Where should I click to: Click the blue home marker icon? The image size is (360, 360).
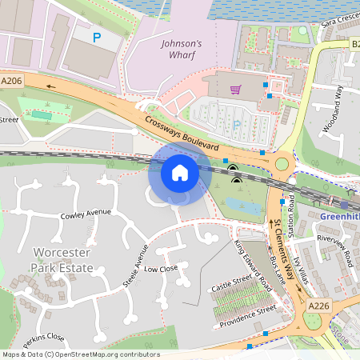180,173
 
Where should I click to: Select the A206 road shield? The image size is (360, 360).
11,81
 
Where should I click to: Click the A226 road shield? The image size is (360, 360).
318,306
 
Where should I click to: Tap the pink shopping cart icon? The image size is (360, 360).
235,90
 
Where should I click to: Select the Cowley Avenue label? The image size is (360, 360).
86,214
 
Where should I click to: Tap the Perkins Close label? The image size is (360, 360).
44,337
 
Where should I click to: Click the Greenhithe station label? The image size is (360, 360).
339,216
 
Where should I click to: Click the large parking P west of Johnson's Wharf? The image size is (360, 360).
97,37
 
